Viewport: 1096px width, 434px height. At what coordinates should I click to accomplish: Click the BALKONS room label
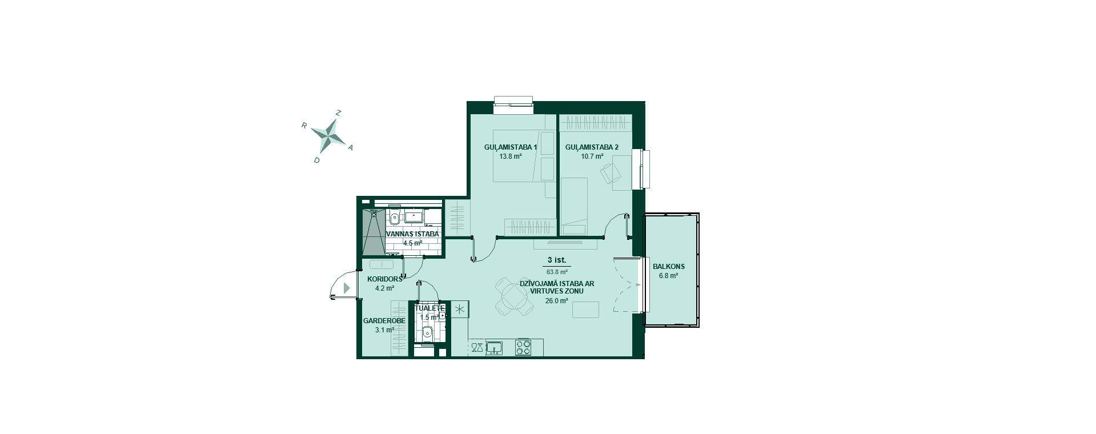click(x=669, y=267)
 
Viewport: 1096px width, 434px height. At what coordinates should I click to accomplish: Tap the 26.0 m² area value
click(x=556, y=301)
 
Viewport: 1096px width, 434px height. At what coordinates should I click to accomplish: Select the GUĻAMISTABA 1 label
click(x=511, y=147)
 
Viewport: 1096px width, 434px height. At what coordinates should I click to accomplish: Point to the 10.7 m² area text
click(x=592, y=156)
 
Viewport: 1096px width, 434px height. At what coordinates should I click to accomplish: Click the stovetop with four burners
click(x=523, y=348)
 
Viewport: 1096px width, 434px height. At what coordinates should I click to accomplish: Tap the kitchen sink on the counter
click(x=495, y=348)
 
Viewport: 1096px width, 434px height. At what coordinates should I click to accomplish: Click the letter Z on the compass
click(x=338, y=113)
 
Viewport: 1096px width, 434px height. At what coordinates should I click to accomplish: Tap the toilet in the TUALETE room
click(x=427, y=332)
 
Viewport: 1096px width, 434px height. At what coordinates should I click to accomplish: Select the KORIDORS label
click(x=385, y=279)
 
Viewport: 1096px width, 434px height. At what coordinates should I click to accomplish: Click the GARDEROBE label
click(x=384, y=321)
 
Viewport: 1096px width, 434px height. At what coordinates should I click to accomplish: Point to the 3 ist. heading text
click(x=556, y=260)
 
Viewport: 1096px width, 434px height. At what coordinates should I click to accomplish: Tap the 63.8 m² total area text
click(x=557, y=272)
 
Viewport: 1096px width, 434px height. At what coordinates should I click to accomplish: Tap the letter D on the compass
click(x=316, y=160)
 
